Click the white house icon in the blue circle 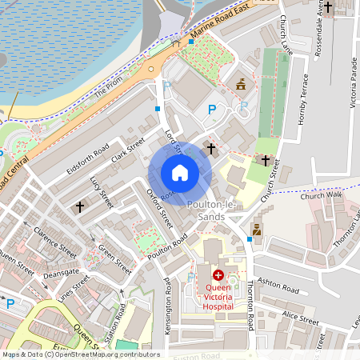(180, 173)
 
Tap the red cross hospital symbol (218, 274)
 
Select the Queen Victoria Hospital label (218, 296)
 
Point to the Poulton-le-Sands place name (210, 211)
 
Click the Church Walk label (323, 194)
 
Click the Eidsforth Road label (88, 158)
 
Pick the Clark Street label (128, 149)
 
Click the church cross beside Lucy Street (80, 207)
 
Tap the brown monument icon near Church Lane (239, 83)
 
